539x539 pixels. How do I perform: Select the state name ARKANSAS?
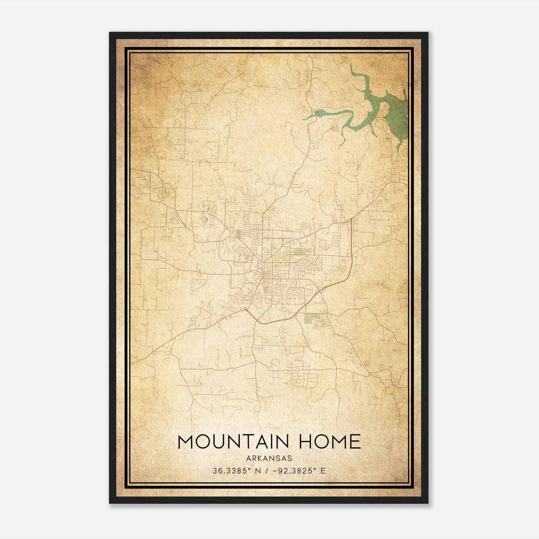coord(269,458)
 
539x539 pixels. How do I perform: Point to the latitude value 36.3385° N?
coord(235,471)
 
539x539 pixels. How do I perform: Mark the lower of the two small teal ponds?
coord(205,221)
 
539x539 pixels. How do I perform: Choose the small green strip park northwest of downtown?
coord(238,234)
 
